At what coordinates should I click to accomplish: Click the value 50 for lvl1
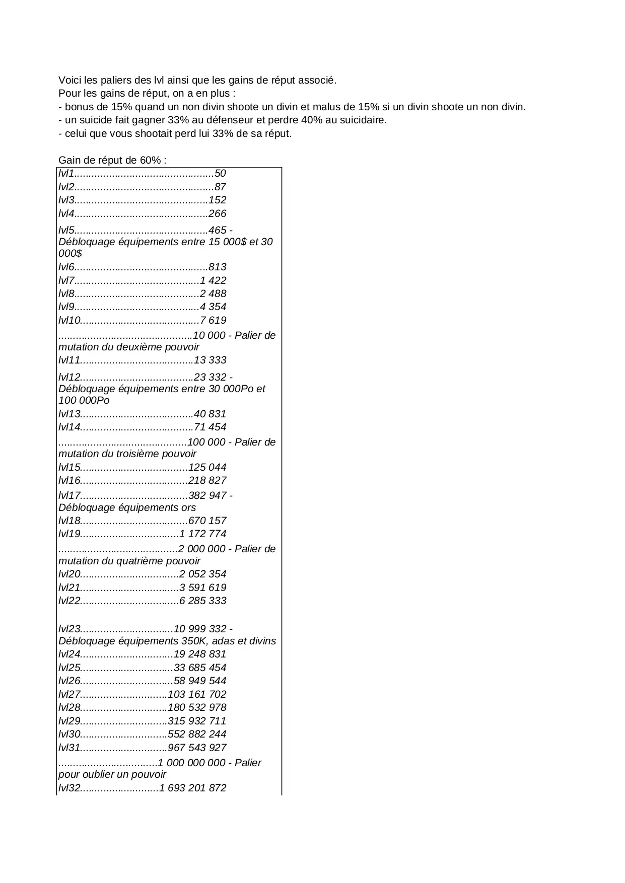(220, 174)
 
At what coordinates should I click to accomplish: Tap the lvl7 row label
(66, 280)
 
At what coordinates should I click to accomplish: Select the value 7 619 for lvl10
(213, 320)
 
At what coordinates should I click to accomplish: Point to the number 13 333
(210, 360)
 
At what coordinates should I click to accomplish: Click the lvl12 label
(70, 377)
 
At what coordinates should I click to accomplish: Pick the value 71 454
(210, 427)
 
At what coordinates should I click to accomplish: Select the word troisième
(143, 454)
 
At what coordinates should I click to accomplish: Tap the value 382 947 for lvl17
(207, 495)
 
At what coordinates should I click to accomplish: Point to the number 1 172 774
(203, 534)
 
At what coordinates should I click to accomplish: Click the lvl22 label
(70, 601)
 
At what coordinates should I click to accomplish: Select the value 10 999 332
(200, 629)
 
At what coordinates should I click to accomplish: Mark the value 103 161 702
(197, 694)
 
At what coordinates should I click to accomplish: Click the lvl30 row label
(70, 734)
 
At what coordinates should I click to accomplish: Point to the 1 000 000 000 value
(192, 763)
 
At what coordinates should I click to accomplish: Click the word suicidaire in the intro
(363, 120)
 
